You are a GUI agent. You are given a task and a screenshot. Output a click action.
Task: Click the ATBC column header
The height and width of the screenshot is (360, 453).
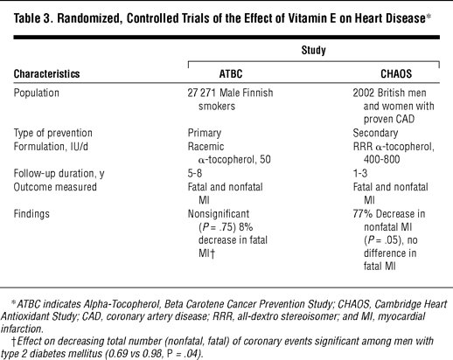pyautogui.click(x=231, y=73)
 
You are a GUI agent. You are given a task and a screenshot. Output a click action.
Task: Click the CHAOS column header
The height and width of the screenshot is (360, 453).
pyautogui.click(x=396, y=73)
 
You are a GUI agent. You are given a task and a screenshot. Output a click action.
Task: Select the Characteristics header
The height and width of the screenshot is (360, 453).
pyautogui.click(x=46, y=73)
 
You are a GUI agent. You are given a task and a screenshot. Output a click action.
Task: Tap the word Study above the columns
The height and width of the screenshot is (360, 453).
pyautogui.click(x=313, y=50)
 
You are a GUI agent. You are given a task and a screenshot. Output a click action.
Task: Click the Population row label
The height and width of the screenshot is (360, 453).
pyautogui.click(x=37, y=93)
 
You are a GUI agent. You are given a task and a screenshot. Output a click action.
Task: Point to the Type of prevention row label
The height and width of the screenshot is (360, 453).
pyautogui.click(x=53, y=133)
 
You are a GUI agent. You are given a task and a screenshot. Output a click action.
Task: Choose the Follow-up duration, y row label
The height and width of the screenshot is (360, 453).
pyautogui.click(x=59, y=173)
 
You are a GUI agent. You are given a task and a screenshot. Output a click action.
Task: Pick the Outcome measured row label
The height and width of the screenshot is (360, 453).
pyautogui.click(x=55, y=187)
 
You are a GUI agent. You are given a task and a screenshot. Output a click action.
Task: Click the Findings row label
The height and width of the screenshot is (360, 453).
pyautogui.click(x=31, y=214)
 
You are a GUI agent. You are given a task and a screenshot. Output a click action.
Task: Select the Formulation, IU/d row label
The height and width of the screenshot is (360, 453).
pyautogui.click(x=51, y=147)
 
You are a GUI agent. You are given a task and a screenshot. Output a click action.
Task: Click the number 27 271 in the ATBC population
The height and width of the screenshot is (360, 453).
pyautogui.click(x=202, y=93)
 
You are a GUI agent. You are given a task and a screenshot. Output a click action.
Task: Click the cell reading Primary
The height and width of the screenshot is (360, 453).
pyautogui.click(x=205, y=133)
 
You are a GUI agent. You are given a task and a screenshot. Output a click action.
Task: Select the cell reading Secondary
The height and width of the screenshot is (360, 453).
pyautogui.click(x=375, y=133)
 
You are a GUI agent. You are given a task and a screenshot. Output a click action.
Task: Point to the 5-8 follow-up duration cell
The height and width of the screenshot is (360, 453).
pyautogui.click(x=195, y=173)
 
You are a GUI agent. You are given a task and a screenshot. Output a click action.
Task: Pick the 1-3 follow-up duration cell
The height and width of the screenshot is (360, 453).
pyautogui.click(x=360, y=173)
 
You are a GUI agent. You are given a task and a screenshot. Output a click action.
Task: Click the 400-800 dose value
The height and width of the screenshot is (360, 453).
pyautogui.click(x=381, y=160)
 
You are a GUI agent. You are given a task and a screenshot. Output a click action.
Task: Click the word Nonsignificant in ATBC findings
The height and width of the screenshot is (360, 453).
pyautogui.click(x=219, y=214)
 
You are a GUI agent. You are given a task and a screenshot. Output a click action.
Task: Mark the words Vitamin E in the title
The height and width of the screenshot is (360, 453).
pyautogui.click(x=311, y=18)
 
